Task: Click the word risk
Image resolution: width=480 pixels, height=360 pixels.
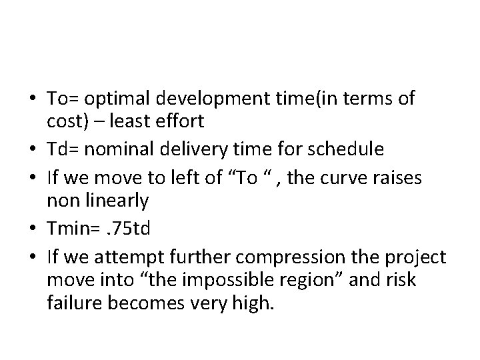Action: pyautogui.click(x=401, y=279)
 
